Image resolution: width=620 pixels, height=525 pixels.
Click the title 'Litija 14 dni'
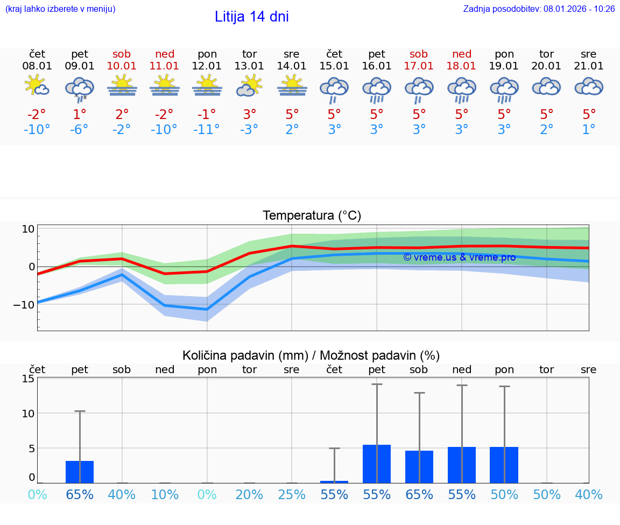(x=251, y=17)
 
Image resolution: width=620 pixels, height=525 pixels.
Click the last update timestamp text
(x=539, y=9)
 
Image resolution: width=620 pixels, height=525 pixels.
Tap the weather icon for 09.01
(x=80, y=88)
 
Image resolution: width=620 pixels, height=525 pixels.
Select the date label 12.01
(x=207, y=66)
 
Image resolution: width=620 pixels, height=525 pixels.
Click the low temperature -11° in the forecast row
(x=207, y=130)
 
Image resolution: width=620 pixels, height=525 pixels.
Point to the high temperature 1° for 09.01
(x=80, y=114)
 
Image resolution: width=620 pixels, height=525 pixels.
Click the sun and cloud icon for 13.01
(x=249, y=86)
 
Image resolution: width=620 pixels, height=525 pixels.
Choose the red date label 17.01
(x=419, y=66)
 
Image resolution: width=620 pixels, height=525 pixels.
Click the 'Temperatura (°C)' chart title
(x=312, y=215)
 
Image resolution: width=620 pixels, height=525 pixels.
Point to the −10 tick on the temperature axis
(x=25, y=304)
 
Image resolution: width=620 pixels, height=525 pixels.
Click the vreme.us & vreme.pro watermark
(x=459, y=257)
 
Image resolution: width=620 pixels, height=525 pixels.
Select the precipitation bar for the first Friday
(x=80, y=472)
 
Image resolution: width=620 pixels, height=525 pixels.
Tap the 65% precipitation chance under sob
(x=419, y=494)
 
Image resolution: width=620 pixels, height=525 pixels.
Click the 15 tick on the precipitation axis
(x=28, y=378)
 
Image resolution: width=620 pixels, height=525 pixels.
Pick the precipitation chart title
(x=311, y=355)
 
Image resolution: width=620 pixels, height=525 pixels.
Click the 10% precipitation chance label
(x=164, y=494)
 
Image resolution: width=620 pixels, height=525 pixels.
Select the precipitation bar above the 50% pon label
(x=504, y=465)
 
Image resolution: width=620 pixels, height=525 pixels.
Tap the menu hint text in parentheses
(x=60, y=9)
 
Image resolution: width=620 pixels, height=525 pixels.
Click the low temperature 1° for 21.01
(x=589, y=130)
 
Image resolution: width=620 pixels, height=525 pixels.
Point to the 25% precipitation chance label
(x=292, y=494)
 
